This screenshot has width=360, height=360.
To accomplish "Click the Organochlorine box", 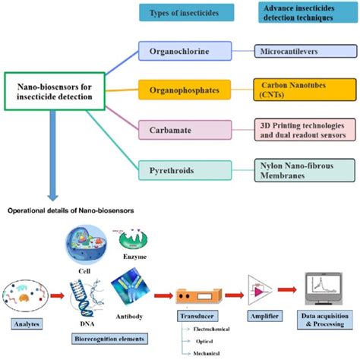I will tap(185, 52).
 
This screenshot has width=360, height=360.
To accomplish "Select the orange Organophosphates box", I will tap(185, 90).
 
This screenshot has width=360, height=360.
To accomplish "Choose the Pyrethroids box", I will tap(185, 170).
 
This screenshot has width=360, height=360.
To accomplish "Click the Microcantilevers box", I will tap(304, 52).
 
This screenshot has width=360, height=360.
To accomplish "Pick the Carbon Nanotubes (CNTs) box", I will tap(304, 90).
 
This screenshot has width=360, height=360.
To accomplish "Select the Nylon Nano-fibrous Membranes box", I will tap(304, 170).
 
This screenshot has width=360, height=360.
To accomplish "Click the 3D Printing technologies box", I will tap(304, 130).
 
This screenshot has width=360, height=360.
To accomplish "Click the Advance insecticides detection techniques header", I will tap(304, 13).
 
